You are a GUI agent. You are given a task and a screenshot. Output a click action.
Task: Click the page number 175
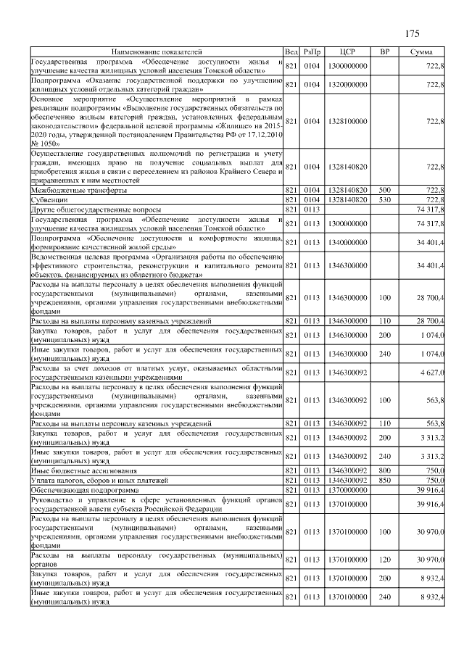tap(412, 34)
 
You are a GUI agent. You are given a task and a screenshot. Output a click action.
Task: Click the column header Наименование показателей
tap(157, 53)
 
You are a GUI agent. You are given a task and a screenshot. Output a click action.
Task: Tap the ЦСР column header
tap(347, 53)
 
